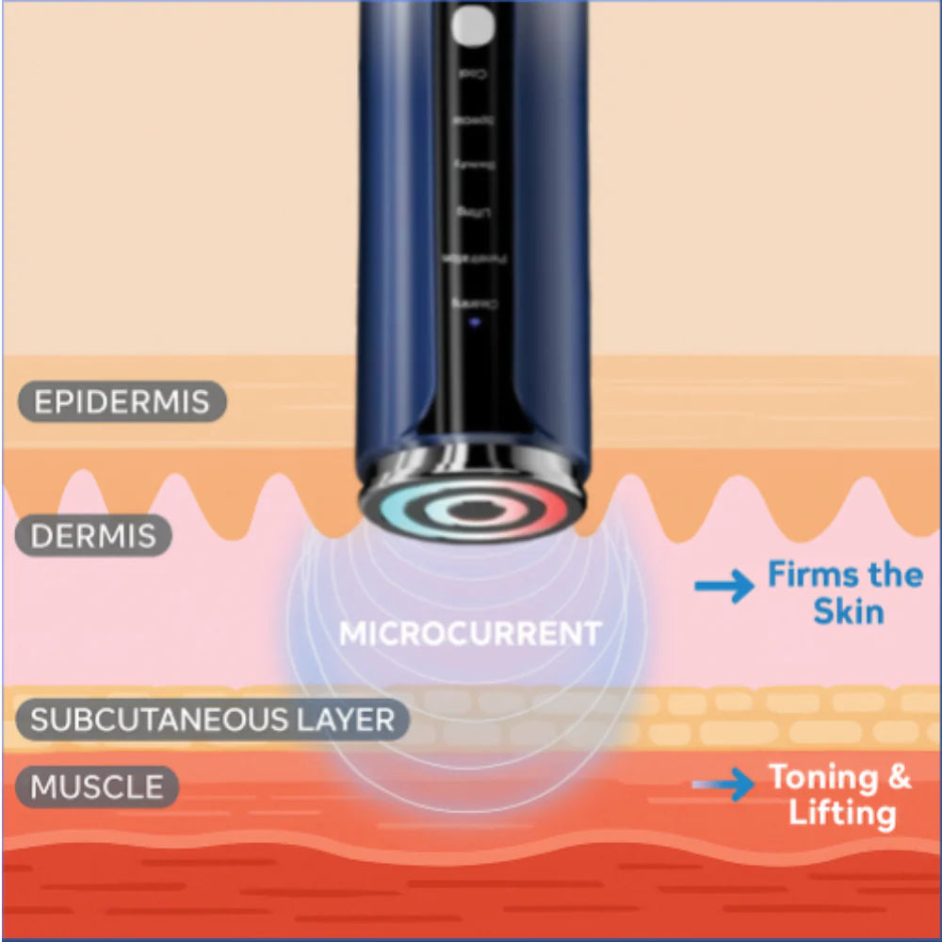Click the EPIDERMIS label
click(x=122, y=401)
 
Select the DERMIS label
click(x=93, y=536)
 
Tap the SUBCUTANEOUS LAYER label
click(x=212, y=721)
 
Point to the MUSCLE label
click(x=97, y=787)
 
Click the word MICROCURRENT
click(x=470, y=633)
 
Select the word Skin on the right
click(x=849, y=612)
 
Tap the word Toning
click(x=822, y=777)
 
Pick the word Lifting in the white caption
click(x=843, y=813)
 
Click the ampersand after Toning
click(x=899, y=777)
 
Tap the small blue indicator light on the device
click(x=474, y=320)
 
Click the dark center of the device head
click(x=470, y=510)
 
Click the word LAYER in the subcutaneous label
click(x=350, y=721)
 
